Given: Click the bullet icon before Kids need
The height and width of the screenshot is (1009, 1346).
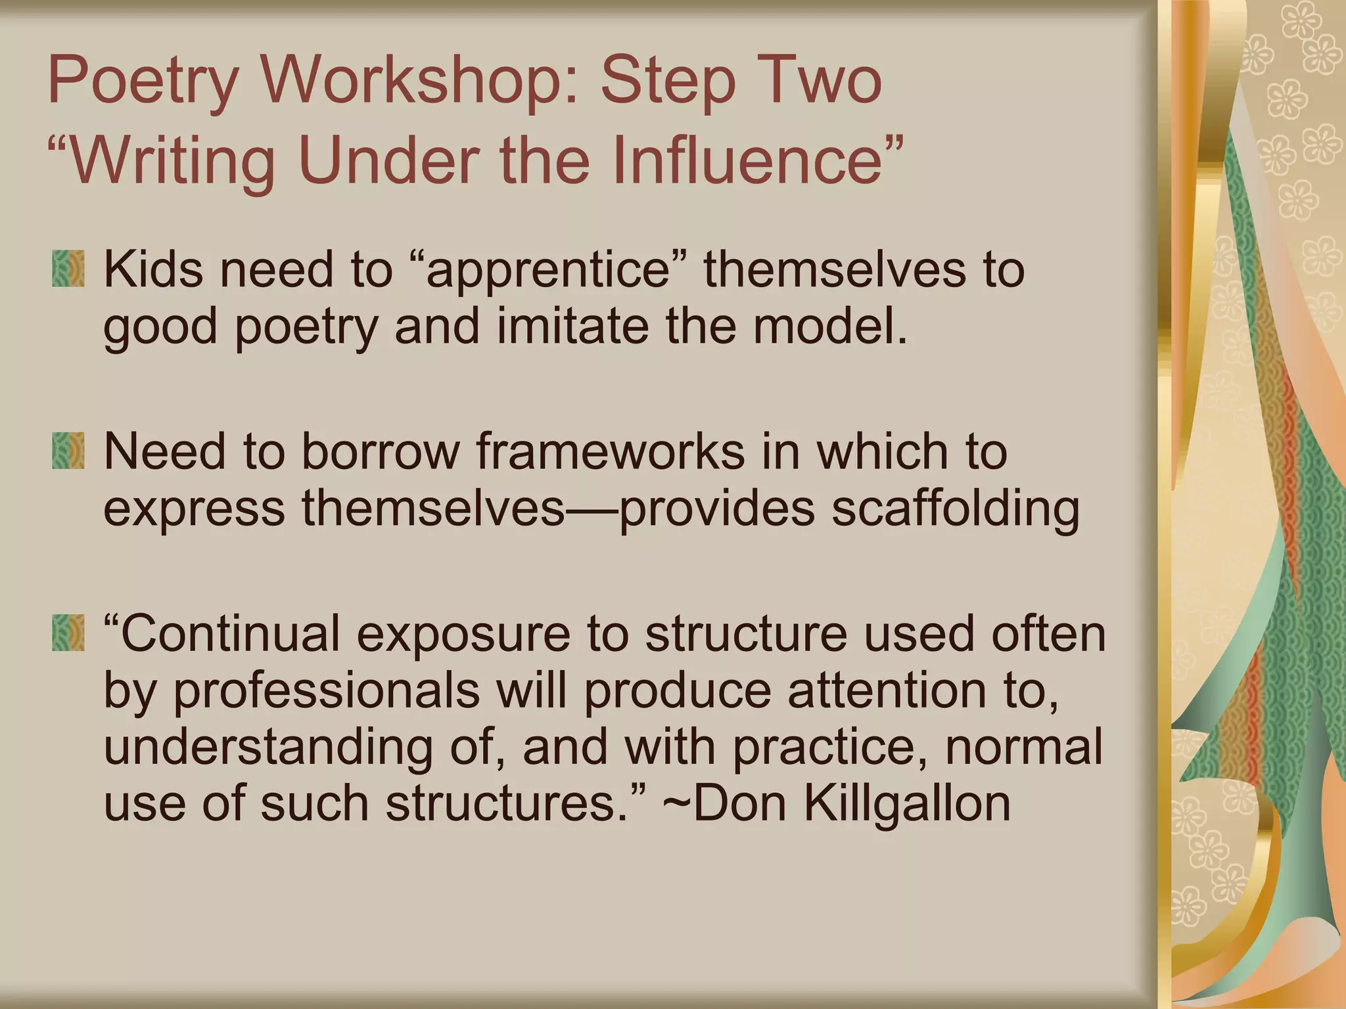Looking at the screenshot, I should pos(68,269).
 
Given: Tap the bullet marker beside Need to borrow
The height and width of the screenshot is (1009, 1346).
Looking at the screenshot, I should pos(68,451).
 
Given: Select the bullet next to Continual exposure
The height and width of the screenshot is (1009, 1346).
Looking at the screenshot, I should pos(68,633).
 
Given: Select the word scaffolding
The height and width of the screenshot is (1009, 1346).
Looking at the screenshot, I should pos(955,509).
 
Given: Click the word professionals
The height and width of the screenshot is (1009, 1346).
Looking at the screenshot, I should pos(327,691).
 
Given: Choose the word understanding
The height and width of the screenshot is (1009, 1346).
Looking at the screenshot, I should pos(268,748).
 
